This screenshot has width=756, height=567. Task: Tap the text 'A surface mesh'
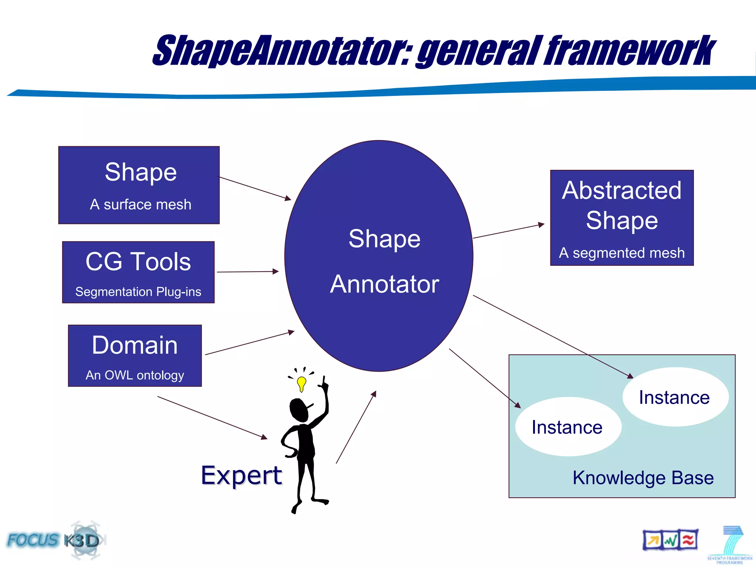point(141,205)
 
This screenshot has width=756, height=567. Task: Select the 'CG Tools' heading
point(138,262)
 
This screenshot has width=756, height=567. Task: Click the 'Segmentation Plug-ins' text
point(138,292)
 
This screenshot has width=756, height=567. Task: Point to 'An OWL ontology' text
point(135,375)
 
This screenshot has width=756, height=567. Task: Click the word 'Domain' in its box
point(135,346)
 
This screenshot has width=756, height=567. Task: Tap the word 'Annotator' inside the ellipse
point(384,284)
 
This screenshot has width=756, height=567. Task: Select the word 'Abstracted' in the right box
point(622,191)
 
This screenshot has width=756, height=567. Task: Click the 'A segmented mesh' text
point(622,253)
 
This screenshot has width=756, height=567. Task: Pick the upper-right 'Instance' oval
point(675,397)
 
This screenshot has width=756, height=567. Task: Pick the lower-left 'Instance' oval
point(568,427)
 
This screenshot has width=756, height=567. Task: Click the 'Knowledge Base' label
point(643,478)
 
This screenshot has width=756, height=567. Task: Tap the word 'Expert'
point(241,475)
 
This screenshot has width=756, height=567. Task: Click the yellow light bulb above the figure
point(302,383)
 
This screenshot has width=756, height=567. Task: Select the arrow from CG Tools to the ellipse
point(247,272)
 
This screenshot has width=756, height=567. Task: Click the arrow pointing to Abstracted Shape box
point(508,231)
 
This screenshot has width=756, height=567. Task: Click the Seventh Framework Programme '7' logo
point(730,544)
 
